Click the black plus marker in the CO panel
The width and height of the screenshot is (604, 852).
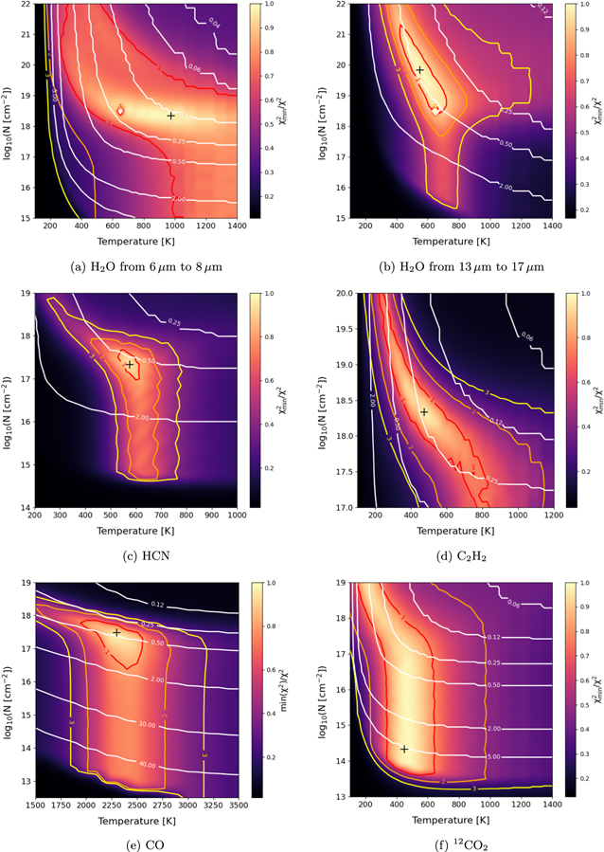coord(116,633)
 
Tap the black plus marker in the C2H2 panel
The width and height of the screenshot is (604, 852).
coord(424,412)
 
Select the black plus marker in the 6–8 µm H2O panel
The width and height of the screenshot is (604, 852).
coord(170,116)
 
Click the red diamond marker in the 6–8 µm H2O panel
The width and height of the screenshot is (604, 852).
coord(119,111)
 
